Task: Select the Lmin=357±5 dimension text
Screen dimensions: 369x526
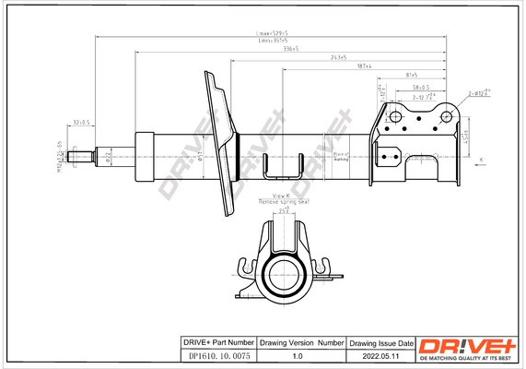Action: (x=272, y=42)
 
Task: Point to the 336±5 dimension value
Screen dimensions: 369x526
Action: (x=293, y=50)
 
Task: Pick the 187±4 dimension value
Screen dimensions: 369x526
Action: (x=365, y=66)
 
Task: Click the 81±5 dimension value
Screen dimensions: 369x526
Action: (x=411, y=75)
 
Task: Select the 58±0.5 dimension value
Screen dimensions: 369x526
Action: (x=421, y=88)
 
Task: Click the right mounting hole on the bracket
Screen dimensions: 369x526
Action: (x=447, y=116)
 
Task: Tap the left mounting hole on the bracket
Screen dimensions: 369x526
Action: (x=393, y=116)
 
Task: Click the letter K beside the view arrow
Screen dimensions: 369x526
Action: (x=481, y=161)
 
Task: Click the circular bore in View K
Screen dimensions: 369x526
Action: (x=286, y=274)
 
